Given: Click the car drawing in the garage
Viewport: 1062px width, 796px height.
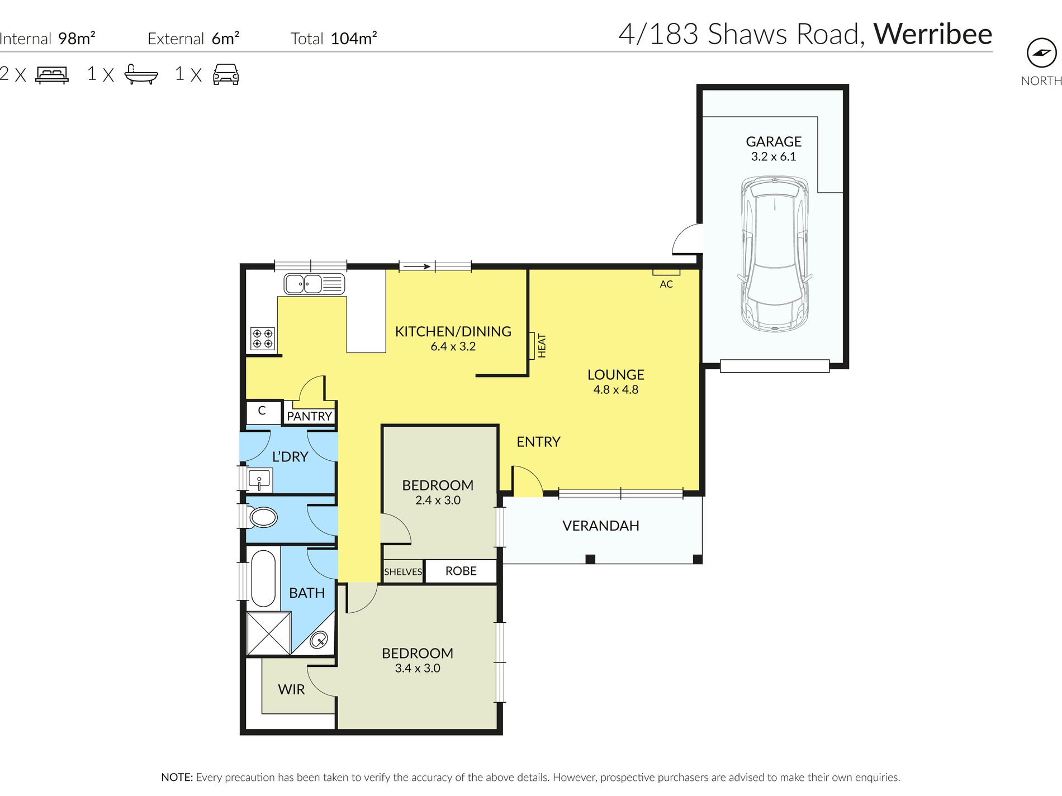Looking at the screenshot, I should coord(774,254).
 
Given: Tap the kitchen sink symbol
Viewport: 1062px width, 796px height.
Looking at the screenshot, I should coord(314,284).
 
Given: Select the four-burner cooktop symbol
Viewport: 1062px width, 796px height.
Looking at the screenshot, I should coord(263,338).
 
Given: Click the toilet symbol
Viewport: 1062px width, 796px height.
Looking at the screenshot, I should coord(262,517).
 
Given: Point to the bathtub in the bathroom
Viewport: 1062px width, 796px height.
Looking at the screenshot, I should coord(263,578).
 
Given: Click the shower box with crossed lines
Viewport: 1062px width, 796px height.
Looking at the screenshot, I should coord(269,633).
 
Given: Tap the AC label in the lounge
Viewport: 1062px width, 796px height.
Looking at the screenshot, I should coord(666,284).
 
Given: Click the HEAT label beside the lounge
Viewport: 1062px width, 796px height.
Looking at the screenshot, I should coord(541,346).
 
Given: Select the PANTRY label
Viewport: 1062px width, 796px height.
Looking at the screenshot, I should coord(309,416).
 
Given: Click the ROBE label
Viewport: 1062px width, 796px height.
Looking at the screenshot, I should coord(461,571).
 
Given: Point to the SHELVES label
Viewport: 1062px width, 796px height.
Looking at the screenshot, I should coord(403,572).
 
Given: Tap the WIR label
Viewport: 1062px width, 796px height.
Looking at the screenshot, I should coord(291,690).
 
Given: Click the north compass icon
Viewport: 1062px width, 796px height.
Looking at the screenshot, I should coord(1041,53).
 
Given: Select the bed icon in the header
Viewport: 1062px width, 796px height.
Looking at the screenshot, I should coord(52,74).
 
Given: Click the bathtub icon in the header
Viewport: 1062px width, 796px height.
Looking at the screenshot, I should coord(141,74).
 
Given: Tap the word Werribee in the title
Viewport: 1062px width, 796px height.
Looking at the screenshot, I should coord(932,34).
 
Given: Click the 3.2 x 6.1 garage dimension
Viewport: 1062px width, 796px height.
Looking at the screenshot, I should coord(773,157).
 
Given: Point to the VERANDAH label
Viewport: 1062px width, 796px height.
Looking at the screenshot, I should coord(600,526).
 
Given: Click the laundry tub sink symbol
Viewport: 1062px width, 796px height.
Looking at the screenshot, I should coord(259,479).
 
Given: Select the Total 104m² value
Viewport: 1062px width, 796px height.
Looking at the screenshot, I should coord(354,39).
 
